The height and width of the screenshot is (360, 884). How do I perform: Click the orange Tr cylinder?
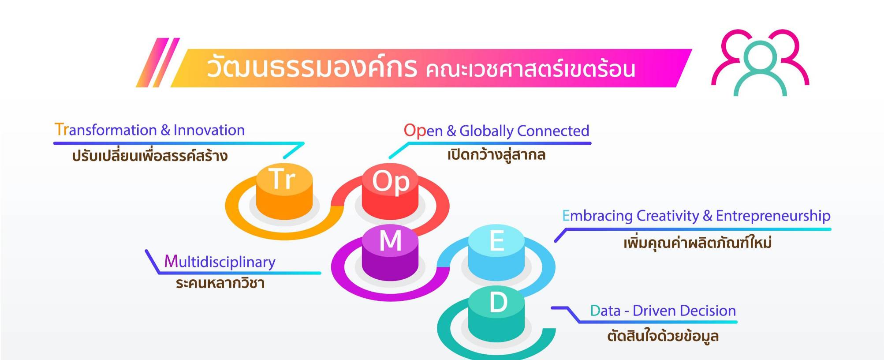(x=284, y=191)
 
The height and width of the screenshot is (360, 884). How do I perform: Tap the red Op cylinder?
(x=390, y=191)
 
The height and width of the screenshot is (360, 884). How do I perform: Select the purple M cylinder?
(x=390, y=253)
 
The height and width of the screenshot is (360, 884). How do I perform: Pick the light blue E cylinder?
(x=496, y=253)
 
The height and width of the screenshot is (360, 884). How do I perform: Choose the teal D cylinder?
(x=496, y=315)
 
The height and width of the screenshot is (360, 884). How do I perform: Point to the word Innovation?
(x=209, y=130)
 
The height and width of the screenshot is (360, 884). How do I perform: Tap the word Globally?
(x=486, y=131)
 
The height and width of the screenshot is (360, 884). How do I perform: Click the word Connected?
(x=553, y=131)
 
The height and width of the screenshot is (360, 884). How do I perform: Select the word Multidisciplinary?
(x=220, y=262)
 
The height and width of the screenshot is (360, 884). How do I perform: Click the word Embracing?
(x=597, y=216)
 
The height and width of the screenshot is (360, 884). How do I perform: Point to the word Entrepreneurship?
(x=773, y=216)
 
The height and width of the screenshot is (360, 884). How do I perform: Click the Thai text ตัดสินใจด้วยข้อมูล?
(x=663, y=336)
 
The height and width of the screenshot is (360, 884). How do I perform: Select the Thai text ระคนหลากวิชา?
(x=220, y=283)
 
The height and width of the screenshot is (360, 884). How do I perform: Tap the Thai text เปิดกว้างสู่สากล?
(x=496, y=155)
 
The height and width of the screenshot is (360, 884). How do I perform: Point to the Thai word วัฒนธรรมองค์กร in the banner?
(x=312, y=67)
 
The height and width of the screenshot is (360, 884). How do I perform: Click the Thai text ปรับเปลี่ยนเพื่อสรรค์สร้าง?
(x=150, y=155)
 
